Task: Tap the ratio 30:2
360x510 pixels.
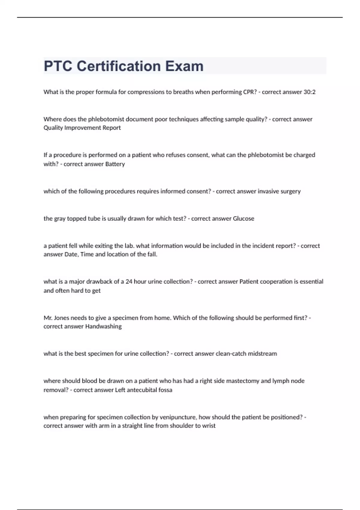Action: tap(309, 92)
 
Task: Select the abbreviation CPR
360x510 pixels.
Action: tap(250, 92)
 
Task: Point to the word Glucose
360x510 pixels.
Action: tap(243, 219)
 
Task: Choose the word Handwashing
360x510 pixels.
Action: tap(103, 326)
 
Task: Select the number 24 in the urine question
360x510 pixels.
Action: tap(129, 282)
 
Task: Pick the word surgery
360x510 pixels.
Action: tap(290, 191)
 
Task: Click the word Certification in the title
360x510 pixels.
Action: tap(119, 66)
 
